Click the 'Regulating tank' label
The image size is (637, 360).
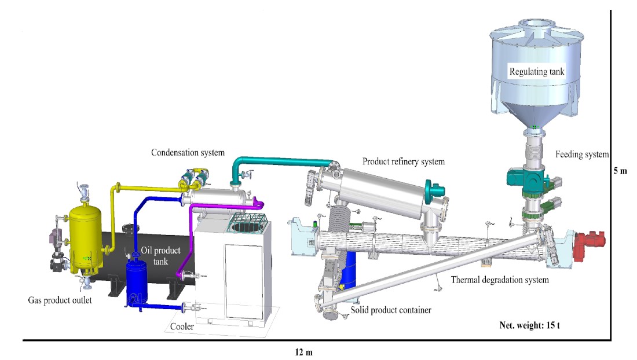click(537, 72)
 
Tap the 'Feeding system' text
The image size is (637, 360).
click(582, 154)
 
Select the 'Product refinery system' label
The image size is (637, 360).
click(404, 161)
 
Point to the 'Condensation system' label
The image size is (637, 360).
click(188, 153)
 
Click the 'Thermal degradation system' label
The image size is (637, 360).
click(500, 280)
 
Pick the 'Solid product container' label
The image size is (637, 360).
click(391, 310)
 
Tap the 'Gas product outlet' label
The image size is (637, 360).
click(60, 300)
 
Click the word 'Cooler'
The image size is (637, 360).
click(182, 326)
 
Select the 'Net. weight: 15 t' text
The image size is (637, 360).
click(530, 325)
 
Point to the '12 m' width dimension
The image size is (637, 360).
click(304, 352)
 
